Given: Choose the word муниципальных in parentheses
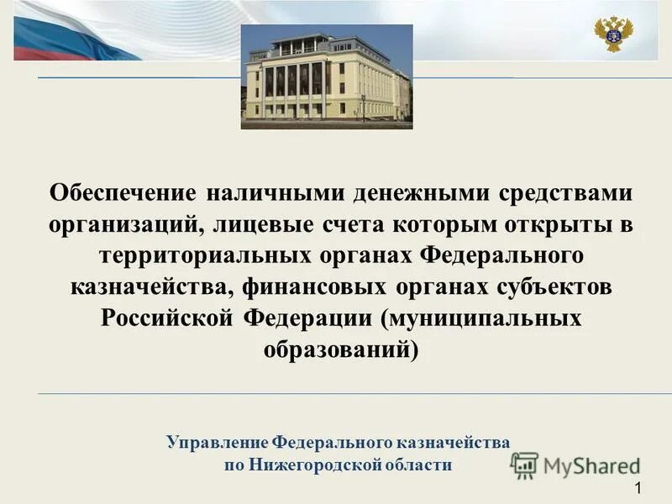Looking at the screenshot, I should [x=486, y=318].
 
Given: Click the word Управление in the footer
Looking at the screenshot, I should [x=217, y=441].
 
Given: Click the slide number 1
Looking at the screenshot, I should [x=639, y=489].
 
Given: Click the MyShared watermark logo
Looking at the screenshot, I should [x=575, y=465].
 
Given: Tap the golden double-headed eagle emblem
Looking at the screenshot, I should [x=614, y=34].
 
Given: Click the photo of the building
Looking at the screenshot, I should [x=327, y=76].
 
